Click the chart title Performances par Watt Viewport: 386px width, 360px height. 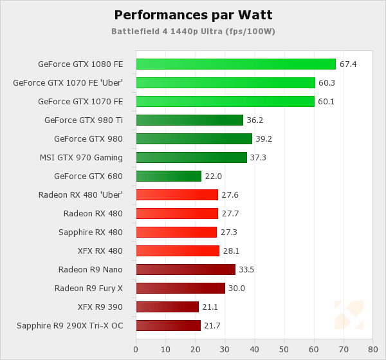[192, 14]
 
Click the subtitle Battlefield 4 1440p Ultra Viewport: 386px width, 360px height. [192, 30]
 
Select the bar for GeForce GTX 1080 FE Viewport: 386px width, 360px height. [235, 64]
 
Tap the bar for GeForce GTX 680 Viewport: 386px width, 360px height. [169, 176]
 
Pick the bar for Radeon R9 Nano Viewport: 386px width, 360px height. [185, 269]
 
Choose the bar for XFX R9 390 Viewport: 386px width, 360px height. [167, 307]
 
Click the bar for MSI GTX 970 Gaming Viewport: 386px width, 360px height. [191, 157]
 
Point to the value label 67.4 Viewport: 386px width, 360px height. [348, 64]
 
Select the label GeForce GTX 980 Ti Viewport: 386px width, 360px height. [84, 120]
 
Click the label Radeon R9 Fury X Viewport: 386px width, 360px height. [89, 288]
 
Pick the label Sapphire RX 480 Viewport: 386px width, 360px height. [91, 232]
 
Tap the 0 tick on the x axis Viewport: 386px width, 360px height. [136, 349]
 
